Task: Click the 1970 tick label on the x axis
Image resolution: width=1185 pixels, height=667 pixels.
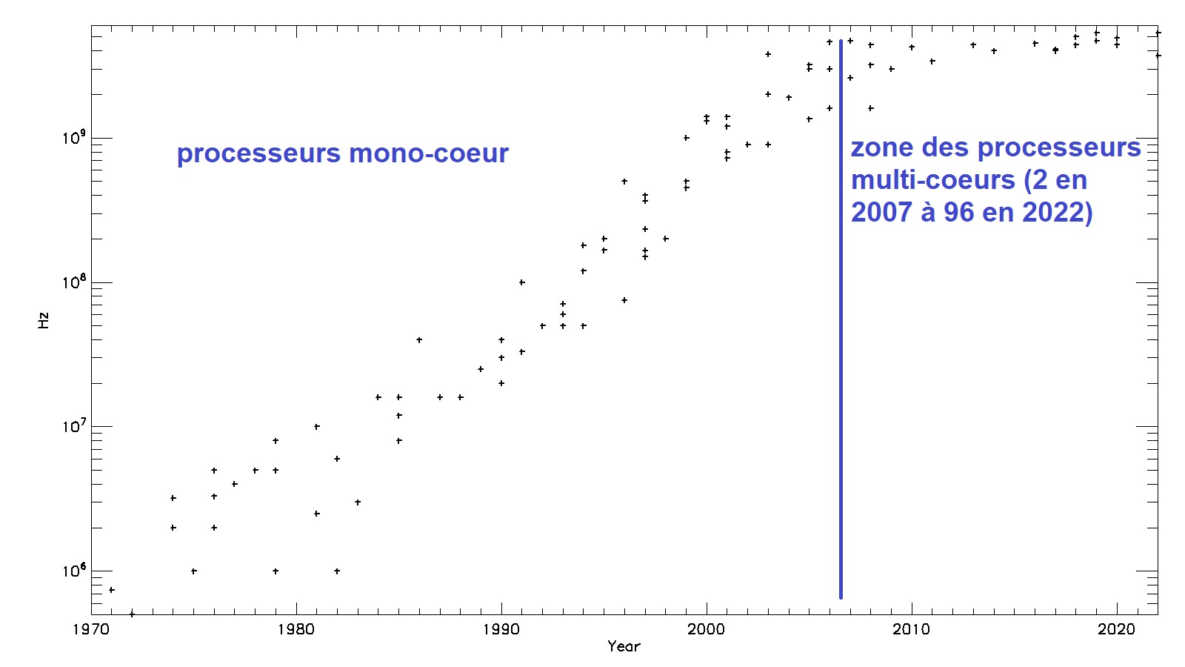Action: (90, 629)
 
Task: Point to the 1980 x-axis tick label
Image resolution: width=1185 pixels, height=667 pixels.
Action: (296, 629)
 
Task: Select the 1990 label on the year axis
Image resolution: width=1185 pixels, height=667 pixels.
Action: (501, 629)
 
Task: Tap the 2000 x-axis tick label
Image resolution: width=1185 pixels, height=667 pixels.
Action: (707, 629)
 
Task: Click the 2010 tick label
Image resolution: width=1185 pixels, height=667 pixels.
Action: (912, 629)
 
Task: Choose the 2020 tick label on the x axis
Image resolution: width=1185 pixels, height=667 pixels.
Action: (1117, 629)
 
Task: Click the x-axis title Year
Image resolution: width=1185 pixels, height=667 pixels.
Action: (624, 646)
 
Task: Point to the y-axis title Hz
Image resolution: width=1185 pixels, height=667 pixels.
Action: (44, 320)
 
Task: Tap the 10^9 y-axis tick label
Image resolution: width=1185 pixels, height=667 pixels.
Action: (73, 137)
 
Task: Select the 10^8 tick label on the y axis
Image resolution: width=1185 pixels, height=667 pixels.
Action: (73, 282)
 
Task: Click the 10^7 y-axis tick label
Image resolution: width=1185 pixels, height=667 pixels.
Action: (73, 426)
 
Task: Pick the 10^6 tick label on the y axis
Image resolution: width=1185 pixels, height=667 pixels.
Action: (73, 571)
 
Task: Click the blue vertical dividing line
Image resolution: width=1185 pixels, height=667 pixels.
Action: (841, 319)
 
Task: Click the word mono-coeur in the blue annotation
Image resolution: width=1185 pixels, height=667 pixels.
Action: (429, 153)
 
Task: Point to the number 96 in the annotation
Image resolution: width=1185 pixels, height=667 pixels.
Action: (958, 213)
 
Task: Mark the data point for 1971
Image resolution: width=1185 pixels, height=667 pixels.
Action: (111, 590)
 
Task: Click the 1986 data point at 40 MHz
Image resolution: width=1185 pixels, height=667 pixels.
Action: (419, 340)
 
